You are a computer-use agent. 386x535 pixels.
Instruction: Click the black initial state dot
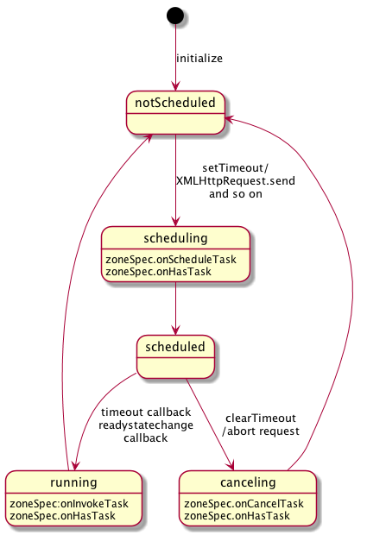click(175, 16)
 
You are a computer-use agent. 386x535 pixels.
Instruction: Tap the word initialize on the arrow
click(199, 59)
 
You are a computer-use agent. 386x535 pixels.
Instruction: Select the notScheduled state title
click(175, 103)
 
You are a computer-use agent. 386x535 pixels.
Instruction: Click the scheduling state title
click(175, 238)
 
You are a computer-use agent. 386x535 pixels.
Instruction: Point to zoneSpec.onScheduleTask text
click(171, 260)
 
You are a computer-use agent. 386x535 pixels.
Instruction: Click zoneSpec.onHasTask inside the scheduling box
click(159, 272)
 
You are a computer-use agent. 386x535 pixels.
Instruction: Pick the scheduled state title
click(175, 347)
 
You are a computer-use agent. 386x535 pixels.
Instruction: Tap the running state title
click(73, 482)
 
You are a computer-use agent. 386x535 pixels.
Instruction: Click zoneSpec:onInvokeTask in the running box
click(69, 504)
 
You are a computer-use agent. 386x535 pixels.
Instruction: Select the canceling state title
click(248, 482)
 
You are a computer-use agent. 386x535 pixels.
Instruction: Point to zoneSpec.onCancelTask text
click(244, 504)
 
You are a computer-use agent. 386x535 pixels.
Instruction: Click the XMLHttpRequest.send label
click(236, 181)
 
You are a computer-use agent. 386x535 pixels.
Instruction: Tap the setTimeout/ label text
click(236, 168)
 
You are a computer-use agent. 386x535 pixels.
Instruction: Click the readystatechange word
click(146, 425)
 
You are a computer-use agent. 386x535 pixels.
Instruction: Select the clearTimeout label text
click(261, 418)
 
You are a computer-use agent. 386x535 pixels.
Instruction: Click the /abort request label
click(261, 431)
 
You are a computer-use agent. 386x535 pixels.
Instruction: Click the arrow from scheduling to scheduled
click(175, 308)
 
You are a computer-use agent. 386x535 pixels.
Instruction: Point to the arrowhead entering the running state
click(75, 466)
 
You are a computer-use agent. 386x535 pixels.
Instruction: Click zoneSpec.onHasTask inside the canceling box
click(237, 516)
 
